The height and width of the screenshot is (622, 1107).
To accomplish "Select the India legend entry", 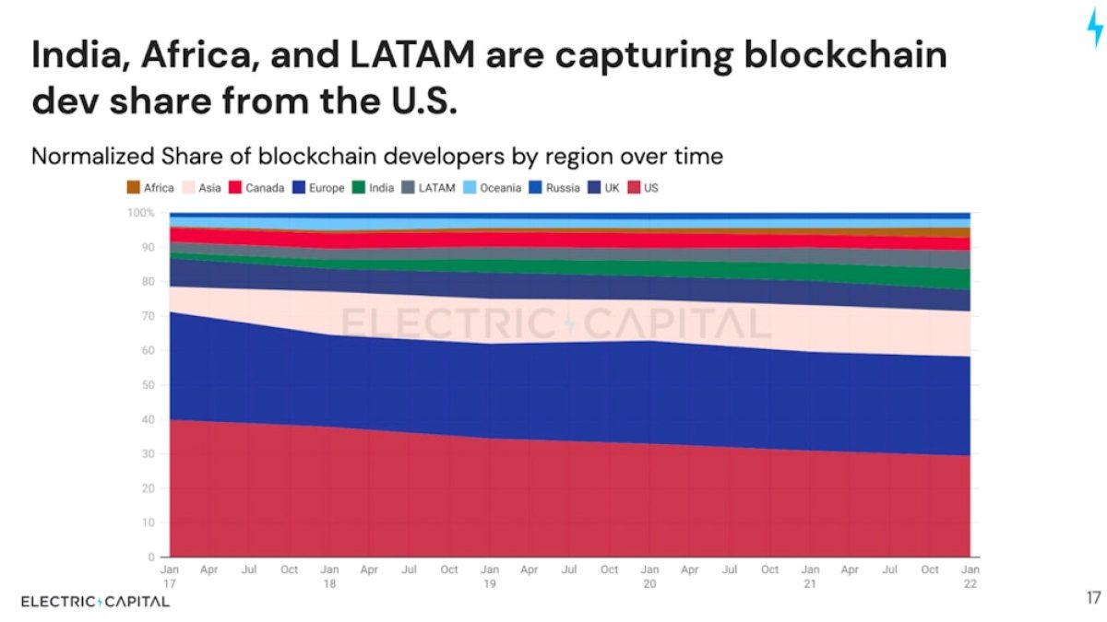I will (374, 188).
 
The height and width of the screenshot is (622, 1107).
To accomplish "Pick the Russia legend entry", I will (555, 188).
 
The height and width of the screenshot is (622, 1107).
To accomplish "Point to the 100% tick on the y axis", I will (140, 213).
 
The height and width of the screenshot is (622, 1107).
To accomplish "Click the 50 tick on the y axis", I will (149, 385).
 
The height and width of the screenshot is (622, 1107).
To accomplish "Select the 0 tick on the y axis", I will (151, 557).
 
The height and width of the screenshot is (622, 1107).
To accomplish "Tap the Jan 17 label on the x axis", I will (170, 576).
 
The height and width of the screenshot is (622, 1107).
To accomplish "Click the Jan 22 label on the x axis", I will (970, 576).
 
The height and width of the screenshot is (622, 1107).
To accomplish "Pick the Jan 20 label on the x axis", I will (649, 576).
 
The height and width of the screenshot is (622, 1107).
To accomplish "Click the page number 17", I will (1093, 599).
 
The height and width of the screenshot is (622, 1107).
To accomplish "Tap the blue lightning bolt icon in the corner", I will (1093, 32).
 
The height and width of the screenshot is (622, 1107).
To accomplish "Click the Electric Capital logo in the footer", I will (95, 602).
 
